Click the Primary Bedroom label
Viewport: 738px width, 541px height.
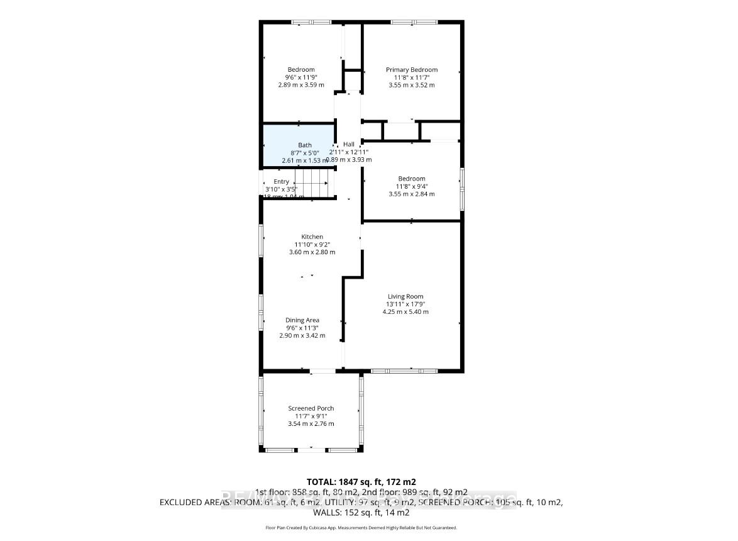pyautogui.click(x=411, y=70)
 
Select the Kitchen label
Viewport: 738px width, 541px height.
pyautogui.click(x=312, y=237)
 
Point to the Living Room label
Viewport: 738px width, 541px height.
pyautogui.click(x=405, y=296)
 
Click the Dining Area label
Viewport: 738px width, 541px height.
pyautogui.click(x=302, y=320)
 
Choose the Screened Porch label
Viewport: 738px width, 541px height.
pyautogui.click(x=311, y=408)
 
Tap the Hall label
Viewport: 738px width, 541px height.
pyautogui.click(x=348, y=144)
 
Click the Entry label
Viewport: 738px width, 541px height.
pyautogui.click(x=281, y=182)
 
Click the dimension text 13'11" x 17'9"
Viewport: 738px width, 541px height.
pyautogui.click(x=405, y=304)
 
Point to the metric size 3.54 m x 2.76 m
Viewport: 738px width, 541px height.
pyautogui.click(x=311, y=423)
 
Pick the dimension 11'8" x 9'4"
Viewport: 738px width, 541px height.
pyautogui.click(x=411, y=186)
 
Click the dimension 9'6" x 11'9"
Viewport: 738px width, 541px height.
pyautogui.click(x=301, y=77)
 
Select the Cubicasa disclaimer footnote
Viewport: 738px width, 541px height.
pyautogui.click(x=361, y=528)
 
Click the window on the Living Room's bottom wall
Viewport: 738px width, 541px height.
pyautogui.click(x=404, y=371)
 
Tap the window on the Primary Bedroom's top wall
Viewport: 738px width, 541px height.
pyautogui.click(x=414, y=22)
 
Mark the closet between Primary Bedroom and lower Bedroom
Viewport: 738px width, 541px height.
pyautogui.click(x=401, y=131)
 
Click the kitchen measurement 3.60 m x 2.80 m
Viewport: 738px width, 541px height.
pyautogui.click(x=312, y=252)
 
